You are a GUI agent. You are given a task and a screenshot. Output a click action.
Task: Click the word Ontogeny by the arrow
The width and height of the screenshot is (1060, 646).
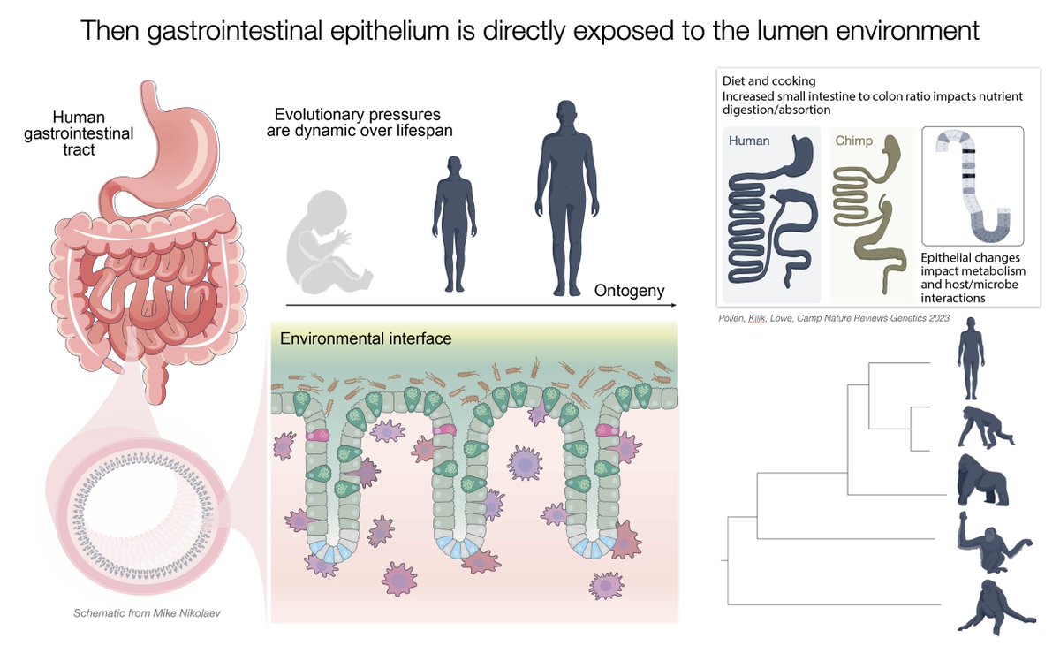pos(630,292)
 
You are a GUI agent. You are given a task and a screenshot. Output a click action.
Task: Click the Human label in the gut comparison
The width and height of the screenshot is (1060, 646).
pos(749,141)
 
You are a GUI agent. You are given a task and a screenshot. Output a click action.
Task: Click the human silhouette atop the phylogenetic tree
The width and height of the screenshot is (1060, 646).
pos(970,360)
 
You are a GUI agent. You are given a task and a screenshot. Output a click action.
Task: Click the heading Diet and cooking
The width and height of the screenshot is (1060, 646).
pos(768,81)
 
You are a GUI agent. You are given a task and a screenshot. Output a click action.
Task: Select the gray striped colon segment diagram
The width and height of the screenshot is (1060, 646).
pos(972,186)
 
